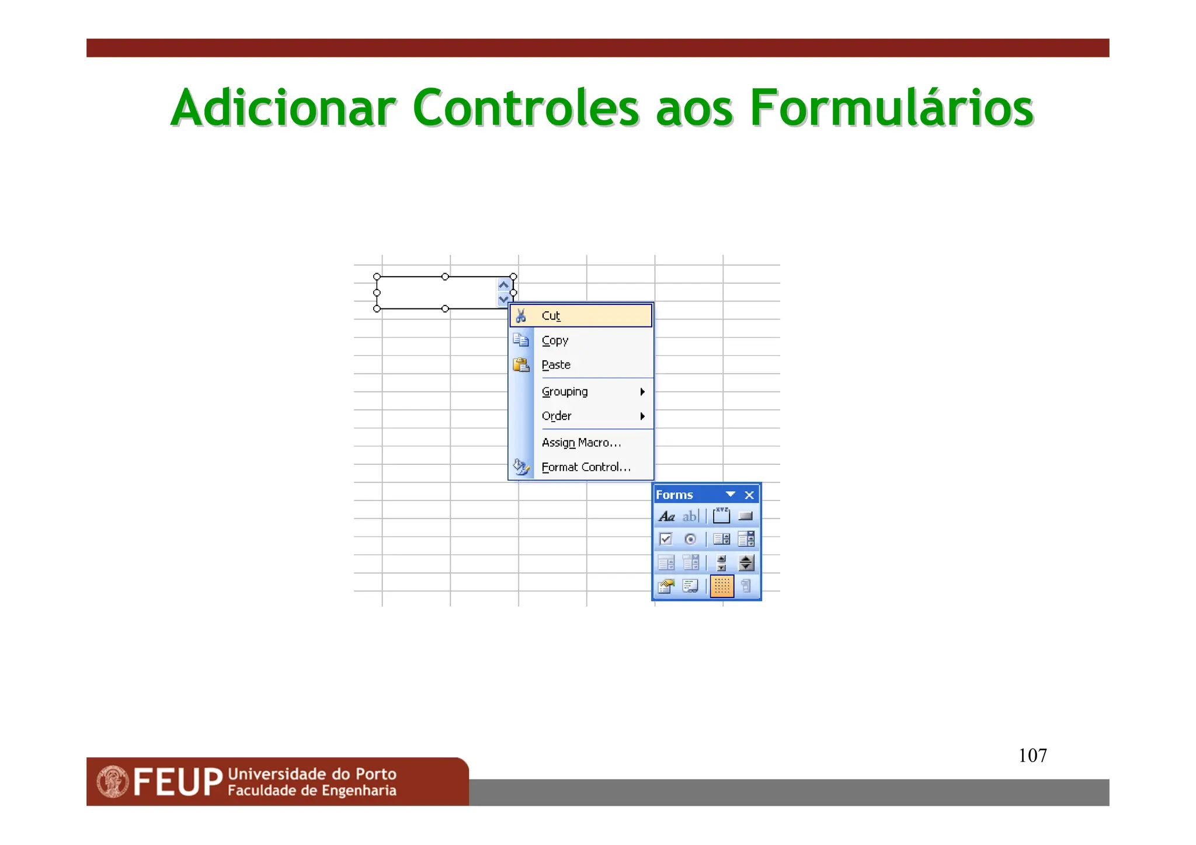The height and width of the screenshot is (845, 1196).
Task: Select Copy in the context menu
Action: [x=555, y=340]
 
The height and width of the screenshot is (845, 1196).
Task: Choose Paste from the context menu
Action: [x=556, y=365]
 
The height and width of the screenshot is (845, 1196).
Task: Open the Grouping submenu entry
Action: [x=565, y=392]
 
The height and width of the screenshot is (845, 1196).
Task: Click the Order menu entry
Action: [x=557, y=416]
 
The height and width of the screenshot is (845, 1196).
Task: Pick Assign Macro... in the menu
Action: [x=581, y=443]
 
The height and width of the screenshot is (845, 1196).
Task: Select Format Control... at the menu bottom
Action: [x=586, y=467]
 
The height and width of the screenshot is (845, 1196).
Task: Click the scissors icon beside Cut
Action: [x=521, y=316]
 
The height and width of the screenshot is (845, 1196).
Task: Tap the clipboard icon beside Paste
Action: [x=521, y=365]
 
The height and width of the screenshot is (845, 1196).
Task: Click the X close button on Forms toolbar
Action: [x=749, y=495]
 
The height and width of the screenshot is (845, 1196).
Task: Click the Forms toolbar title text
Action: [x=674, y=495]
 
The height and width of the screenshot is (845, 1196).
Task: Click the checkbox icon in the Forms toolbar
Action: [x=665, y=539]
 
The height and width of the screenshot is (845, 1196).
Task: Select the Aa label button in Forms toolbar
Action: [x=666, y=516]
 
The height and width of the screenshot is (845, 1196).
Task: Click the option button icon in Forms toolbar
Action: [x=690, y=539]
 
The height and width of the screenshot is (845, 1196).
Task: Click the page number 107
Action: [x=1032, y=756]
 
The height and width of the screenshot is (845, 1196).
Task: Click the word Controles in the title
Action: [x=526, y=108]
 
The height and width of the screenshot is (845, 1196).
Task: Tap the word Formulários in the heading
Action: [x=891, y=108]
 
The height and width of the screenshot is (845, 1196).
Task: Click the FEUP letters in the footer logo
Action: [x=178, y=783]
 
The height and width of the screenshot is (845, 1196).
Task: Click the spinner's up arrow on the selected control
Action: [x=503, y=286]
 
